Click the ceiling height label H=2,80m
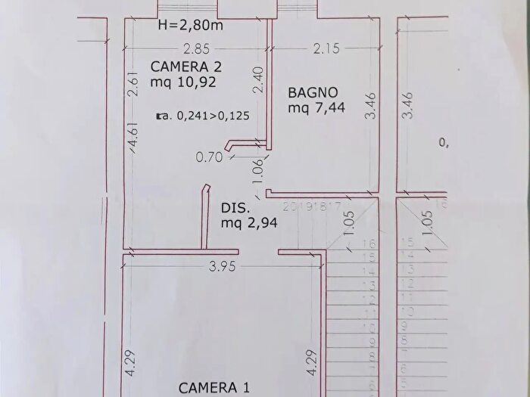click(x=190, y=25)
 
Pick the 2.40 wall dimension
click(x=257, y=80)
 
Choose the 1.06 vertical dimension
click(x=257, y=166)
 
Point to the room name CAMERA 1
click(x=214, y=388)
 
